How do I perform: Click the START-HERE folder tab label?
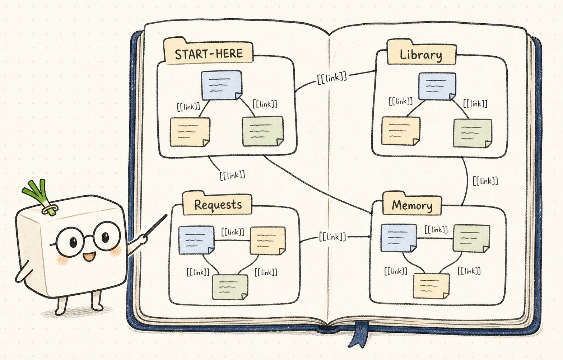[x=209, y=54]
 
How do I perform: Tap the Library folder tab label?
[x=421, y=55]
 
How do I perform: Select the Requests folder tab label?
[x=218, y=205]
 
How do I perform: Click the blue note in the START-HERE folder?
[x=222, y=85]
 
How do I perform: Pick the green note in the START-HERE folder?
[x=263, y=131]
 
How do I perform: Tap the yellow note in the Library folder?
[x=401, y=131]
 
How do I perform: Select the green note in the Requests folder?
[x=230, y=287]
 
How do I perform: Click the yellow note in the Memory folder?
[x=431, y=286]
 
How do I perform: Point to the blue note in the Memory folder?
[x=399, y=238]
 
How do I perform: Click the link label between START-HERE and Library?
[x=332, y=78]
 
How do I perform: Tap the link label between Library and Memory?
[x=485, y=181]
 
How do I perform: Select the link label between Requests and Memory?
[x=332, y=237]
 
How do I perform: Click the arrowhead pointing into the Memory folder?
[x=369, y=237]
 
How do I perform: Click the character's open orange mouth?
[x=89, y=257]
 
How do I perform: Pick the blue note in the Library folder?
[x=437, y=87]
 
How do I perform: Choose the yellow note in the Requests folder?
[x=268, y=240]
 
